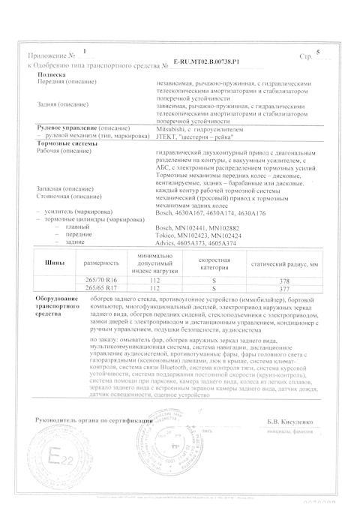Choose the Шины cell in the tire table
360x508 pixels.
46,264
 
